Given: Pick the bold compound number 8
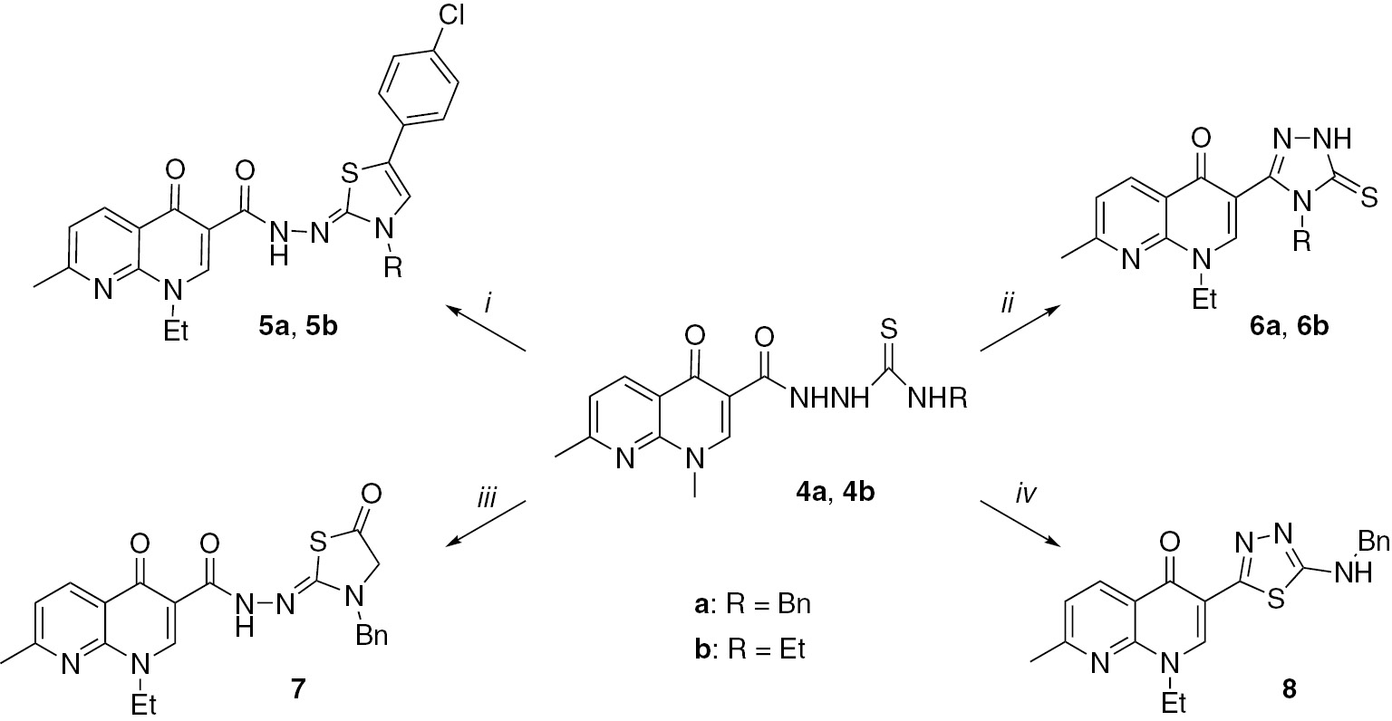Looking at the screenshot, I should pos(1288,689).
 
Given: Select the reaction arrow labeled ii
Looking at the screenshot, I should pos(1019,331).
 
